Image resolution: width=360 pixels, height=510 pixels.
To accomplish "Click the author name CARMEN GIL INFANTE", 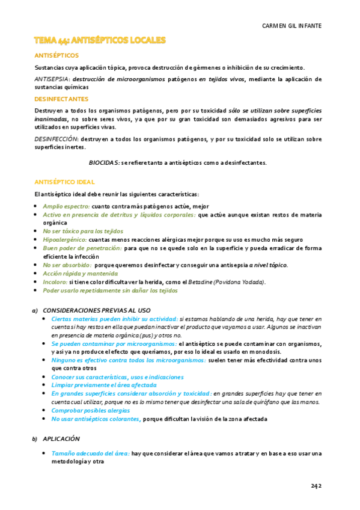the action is [291, 26].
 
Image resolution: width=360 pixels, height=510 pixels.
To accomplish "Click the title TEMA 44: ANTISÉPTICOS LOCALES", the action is [100, 41].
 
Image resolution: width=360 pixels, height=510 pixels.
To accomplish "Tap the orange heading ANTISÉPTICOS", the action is [56, 55].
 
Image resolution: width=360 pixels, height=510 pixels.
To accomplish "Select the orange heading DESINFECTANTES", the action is [62, 99].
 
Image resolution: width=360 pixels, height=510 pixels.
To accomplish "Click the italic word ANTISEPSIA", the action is [52, 79].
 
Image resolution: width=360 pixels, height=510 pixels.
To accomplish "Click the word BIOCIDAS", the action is [104, 163].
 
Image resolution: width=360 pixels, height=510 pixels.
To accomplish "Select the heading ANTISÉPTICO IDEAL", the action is [64, 182].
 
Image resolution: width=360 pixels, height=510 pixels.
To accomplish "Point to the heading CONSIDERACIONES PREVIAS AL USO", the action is [97, 310].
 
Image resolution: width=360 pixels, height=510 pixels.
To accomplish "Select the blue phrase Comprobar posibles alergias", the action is [90, 410].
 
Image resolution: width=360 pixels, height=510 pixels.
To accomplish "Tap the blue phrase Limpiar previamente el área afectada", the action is [104, 385].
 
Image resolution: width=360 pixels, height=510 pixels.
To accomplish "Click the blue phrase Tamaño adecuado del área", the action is [90, 453].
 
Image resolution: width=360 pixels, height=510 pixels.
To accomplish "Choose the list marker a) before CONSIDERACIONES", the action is [35, 310].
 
